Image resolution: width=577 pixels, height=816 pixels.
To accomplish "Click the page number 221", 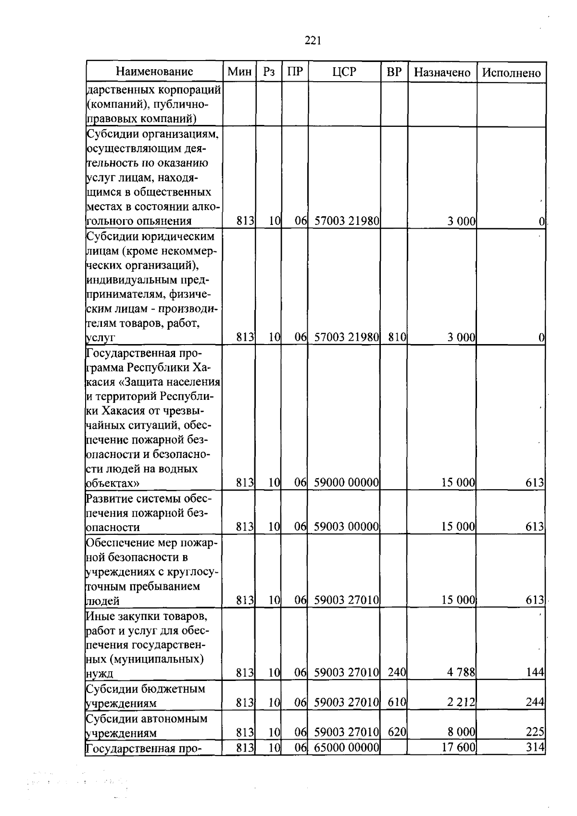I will [x=313, y=41].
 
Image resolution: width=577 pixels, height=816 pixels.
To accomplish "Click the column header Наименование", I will [x=154, y=72].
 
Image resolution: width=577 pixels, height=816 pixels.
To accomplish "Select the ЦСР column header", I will [x=344, y=72].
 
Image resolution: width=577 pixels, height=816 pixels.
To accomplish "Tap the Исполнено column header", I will [x=511, y=73].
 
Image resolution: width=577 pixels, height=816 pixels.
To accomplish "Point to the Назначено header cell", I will [x=442, y=73].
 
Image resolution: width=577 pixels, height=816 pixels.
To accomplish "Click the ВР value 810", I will [x=397, y=337].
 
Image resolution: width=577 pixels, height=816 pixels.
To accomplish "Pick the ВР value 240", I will [x=397, y=672].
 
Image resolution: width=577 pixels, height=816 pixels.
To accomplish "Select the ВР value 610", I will [x=397, y=703].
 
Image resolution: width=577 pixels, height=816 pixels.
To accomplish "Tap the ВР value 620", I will [x=397, y=732].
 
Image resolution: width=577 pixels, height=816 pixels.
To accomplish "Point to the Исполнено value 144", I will [x=535, y=672].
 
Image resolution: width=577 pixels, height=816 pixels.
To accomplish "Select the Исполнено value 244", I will [x=535, y=703].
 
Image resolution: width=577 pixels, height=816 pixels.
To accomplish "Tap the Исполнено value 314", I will [x=535, y=747].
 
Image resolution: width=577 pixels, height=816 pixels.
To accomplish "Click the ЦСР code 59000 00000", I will [x=346, y=482].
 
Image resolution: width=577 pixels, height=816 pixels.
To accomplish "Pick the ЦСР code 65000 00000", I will [x=346, y=747].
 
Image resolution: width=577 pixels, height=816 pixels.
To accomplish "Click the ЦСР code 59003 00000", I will [x=346, y=527].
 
